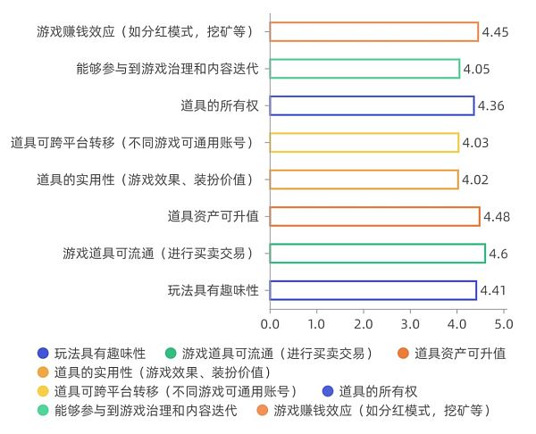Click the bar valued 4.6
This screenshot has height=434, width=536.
pos(378,254)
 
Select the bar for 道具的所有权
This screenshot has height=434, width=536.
pos(372,105)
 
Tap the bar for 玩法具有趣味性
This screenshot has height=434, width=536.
pos(373,290)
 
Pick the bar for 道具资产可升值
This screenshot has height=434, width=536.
pos(375,216)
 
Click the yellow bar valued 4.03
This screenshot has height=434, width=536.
pos(364,143)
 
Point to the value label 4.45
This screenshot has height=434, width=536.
pos(495,32)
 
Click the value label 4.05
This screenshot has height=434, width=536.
pos(476,69)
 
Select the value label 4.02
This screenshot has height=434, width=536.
pos(475,179)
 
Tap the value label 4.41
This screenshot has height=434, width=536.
pos(493,290)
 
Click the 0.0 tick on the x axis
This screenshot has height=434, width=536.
pos(270,323)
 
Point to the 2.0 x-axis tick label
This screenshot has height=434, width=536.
pos(364,323)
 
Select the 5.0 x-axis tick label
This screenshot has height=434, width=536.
pos(504,323)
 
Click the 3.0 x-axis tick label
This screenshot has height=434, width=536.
pos(410,323)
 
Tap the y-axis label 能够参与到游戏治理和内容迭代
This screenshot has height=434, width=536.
pos(168,69)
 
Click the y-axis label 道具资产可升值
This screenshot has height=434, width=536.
pos(214,216)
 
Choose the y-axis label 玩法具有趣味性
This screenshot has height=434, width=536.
pos(214,290)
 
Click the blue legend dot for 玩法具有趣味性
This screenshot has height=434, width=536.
pos(43,353)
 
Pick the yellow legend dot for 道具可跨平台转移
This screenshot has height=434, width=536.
pos(43,391)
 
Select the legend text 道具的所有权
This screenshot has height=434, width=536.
pos(378,391)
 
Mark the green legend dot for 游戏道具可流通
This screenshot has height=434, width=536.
pos(171,353)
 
